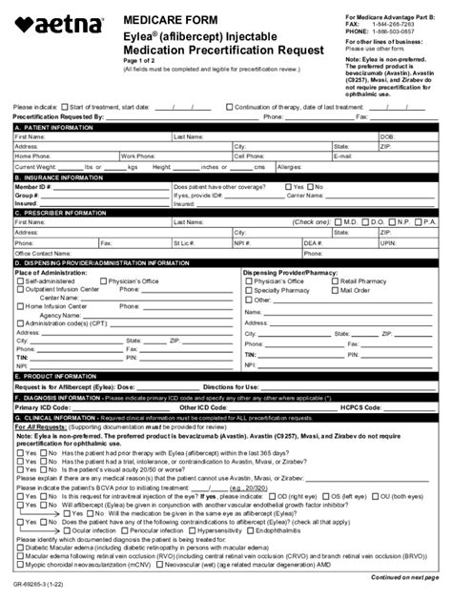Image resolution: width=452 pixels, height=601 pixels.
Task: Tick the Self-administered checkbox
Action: click(x=21, y=283)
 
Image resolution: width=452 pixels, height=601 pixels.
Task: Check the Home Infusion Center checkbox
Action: click(x=21, y=306)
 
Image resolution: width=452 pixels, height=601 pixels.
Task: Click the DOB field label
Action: click(x=386, y=136)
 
